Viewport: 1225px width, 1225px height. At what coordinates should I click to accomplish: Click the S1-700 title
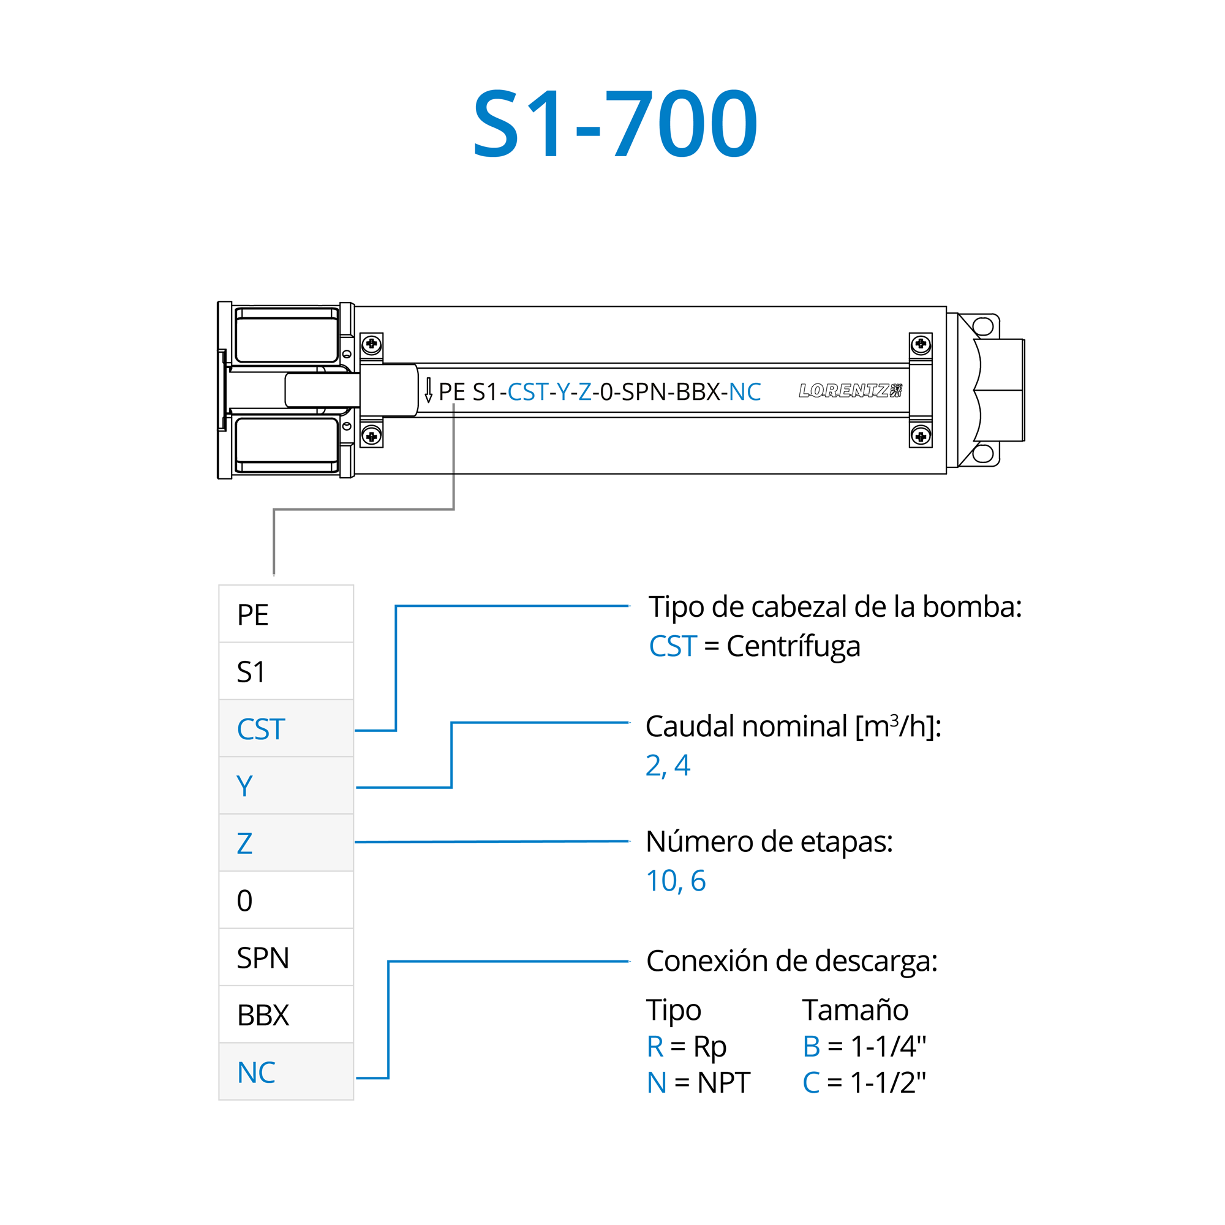point(615,124)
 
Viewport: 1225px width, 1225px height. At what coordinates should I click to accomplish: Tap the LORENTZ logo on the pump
point(850,391)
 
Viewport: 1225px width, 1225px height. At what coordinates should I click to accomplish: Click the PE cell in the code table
point(286,614)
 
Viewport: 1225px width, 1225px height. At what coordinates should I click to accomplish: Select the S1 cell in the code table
point(286,671)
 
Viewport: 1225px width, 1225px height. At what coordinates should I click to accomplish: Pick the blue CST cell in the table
point(286,728)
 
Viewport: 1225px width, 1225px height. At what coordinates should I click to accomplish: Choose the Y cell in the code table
point(286,786)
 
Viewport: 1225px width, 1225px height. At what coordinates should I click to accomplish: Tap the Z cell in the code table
point(286,843)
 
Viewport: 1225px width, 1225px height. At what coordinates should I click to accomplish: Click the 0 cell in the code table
point(286,900)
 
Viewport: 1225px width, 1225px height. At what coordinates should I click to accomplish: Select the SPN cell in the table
point(286,957)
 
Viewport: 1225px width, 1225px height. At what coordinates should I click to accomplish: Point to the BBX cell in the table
point(286,1015)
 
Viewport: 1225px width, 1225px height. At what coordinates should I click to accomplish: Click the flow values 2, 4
point(668,765)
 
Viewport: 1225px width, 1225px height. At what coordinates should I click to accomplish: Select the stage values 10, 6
point(675,881)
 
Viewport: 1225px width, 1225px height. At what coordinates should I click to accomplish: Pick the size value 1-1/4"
point(888,1046)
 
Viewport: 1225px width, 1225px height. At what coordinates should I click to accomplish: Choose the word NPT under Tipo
point(723,1083)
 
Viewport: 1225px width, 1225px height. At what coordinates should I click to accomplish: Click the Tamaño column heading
point(854,1010)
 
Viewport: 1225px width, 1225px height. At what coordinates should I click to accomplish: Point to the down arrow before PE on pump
point(429,390)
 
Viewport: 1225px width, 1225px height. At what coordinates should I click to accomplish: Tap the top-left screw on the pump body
point(372,344)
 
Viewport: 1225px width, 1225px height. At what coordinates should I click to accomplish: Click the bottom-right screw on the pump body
point(921,436)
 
